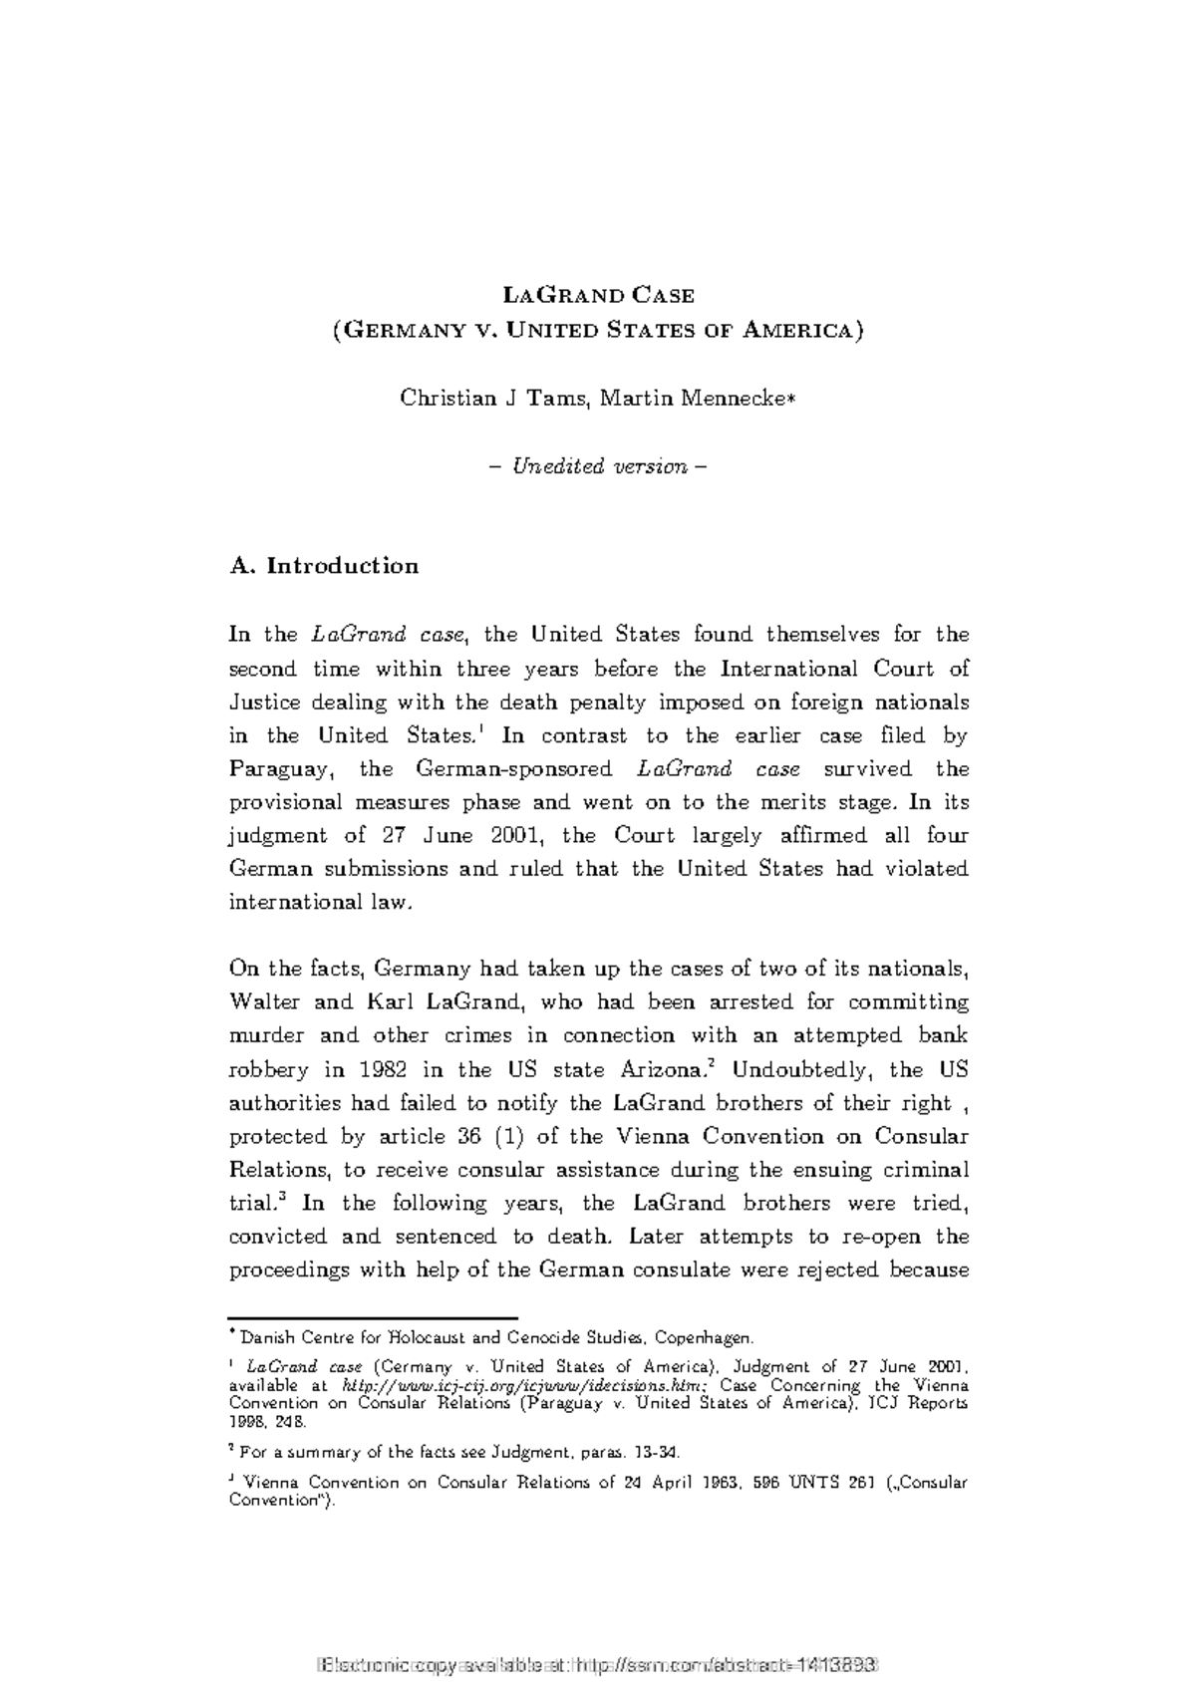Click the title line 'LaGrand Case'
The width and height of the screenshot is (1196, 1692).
tap(598, 296)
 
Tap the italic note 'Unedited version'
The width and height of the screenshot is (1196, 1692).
tap(599, 466)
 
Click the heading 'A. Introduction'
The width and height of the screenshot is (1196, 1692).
tap(324, 566)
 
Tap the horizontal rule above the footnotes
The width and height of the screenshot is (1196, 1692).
tap(373, 1317)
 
